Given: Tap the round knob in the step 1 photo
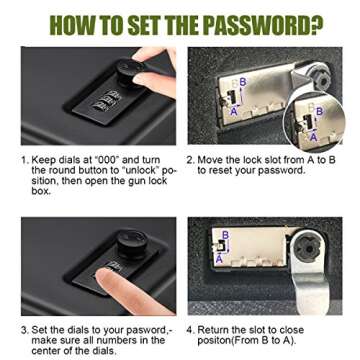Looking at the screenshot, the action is [128, 72].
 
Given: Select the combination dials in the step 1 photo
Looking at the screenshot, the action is [104, 100].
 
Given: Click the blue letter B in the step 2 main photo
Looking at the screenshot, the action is [243, 82].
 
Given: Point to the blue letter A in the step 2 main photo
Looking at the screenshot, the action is [234, 112].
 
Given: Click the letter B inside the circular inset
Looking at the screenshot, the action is [319, 112].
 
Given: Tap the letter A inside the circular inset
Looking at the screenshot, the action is [313, 137].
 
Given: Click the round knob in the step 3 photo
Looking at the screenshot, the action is [133, 245].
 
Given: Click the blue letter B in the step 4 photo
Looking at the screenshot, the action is [226, 235].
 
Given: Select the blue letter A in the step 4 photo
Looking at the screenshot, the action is [219, 258].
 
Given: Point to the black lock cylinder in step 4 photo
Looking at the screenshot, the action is [308, 246].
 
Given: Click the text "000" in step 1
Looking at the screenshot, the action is [100, 160].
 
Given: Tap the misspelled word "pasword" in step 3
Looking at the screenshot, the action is [147, 330].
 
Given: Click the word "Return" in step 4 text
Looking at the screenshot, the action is [213, 330].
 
